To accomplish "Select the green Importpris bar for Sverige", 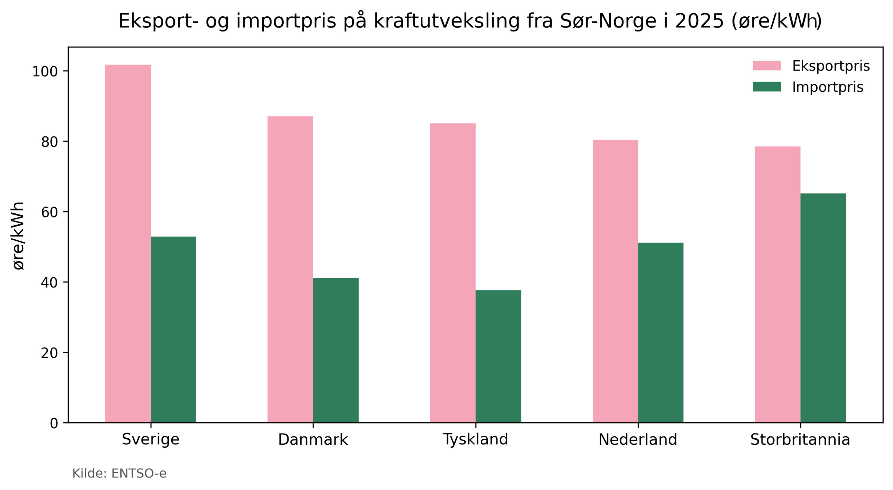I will tap(173, 330).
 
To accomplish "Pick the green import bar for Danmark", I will tap(336, 350).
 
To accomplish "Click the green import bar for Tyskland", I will tap(498, 356).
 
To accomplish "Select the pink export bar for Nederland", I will tap(615, 281).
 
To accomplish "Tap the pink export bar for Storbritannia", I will tap(778, 284).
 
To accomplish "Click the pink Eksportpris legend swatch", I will tap(766, 66).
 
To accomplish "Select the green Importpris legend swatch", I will tap(766, 87).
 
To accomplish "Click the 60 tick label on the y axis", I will tap(49, 212).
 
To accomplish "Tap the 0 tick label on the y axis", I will tap(54, 423).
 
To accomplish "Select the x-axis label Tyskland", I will tap(475, 439).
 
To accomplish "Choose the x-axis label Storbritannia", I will tap(800, 439).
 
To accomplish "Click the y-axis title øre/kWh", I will tap(18, 236).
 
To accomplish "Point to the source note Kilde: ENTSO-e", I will tap(119, 474).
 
